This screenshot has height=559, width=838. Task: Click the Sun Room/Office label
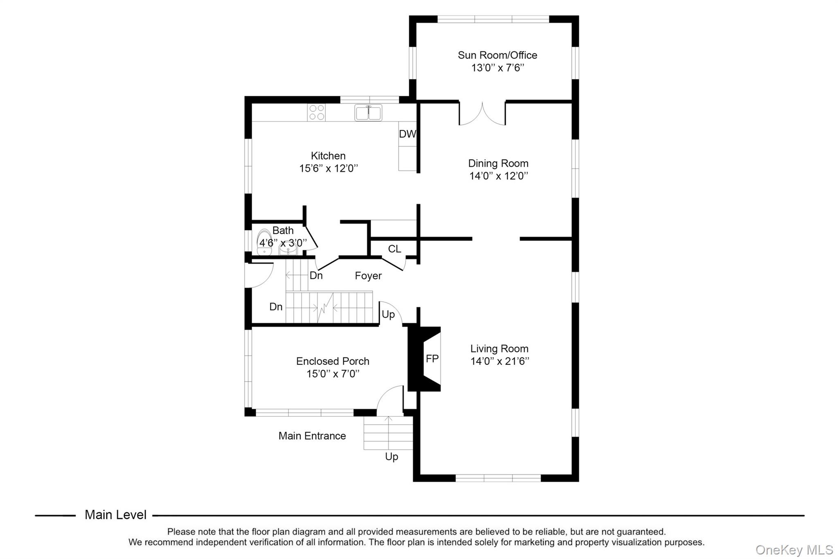[497, 55]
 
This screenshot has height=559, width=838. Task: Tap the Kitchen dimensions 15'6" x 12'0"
[328, 168]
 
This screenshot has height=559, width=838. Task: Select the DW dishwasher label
[407, 134]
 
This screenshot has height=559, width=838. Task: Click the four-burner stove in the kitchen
[316, 113]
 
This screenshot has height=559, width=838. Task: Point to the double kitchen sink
[368, 113]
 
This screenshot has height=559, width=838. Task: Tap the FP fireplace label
[432, 359]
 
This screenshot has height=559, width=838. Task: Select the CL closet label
[394, 249]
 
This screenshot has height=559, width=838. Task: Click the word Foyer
[368, 276]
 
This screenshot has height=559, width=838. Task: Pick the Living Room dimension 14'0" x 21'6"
[499, 361]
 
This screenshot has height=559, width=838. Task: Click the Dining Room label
[498, 163]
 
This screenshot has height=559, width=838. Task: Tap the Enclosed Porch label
[333, 361]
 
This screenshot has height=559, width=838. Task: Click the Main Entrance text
[312, 436]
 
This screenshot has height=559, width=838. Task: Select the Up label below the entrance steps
[391, 457]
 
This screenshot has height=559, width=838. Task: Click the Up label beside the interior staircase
[388, 315]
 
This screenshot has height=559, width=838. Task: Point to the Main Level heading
[115, 515]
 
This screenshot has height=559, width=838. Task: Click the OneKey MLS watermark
[794, 550]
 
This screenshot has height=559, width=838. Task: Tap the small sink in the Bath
[288, 249]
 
